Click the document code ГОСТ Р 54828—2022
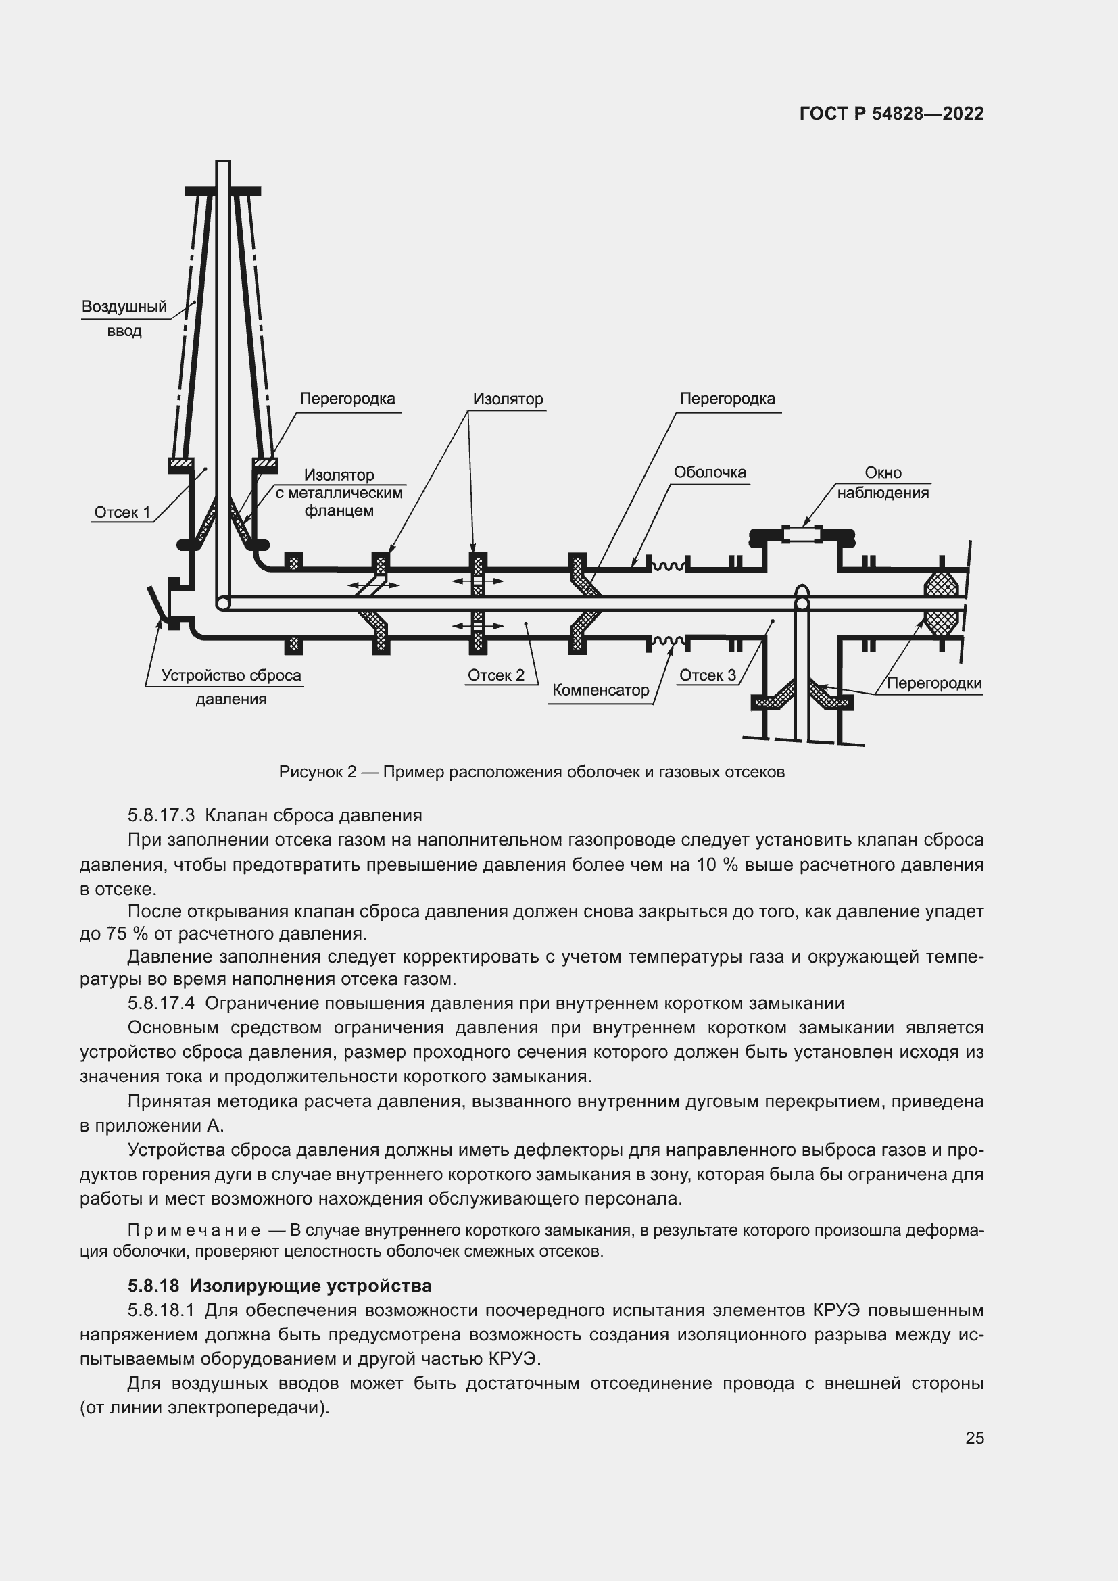point(892,114)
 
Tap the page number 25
point(974,1438)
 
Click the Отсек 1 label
point(122,512)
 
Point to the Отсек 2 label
point(495,675)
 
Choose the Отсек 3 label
point(707,675)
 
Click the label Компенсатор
point(600,690)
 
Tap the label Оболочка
point(709,472)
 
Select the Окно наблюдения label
point(883,483)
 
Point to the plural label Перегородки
point(933,683)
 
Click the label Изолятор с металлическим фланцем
point(339,492)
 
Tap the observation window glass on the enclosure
point(802,534)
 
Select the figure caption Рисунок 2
point(531,772)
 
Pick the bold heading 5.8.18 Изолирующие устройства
point(280,1286)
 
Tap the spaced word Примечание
point(194,1230)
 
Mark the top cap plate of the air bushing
point(223,191)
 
